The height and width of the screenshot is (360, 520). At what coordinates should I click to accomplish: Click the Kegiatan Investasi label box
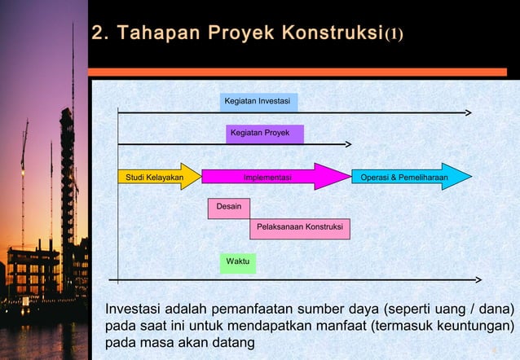(x=258, y=102)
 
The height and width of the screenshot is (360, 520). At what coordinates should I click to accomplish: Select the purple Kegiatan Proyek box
(x=264, y=133)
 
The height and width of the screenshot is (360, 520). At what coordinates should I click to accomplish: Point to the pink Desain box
(x=228, y=207)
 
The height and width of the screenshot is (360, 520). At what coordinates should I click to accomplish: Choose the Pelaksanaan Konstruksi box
(x=299, y=228)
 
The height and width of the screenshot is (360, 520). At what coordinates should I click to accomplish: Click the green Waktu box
(x=237, y=261)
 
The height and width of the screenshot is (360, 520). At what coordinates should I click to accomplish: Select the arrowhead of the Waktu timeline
(x=478, y=279)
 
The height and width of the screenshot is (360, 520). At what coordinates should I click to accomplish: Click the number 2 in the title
(x=98, y=33)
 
